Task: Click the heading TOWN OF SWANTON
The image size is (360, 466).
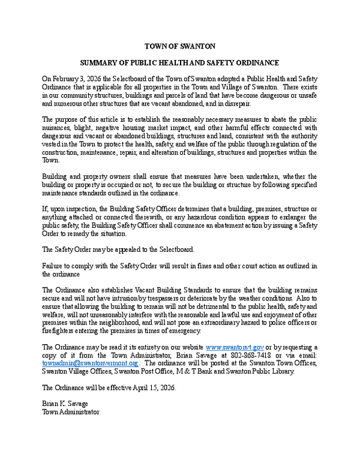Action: pyautogui.click(x=179, y=46)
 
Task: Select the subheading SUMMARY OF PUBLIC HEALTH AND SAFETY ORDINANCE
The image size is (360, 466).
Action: pyautogui.click(x=179, y=62)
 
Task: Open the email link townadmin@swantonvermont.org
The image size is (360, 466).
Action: pyautogui.click(x=87, y=363)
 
